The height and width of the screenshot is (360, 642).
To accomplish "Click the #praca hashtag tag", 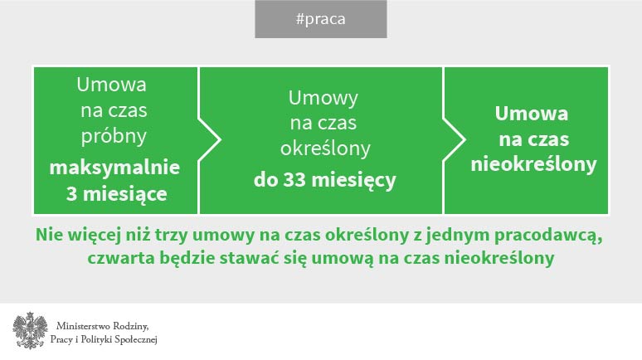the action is (321, 19).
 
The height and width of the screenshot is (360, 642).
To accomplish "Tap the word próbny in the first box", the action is (114, 136).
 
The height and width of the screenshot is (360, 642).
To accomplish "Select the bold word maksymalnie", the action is (114, 168).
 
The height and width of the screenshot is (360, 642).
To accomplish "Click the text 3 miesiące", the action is (117, 194).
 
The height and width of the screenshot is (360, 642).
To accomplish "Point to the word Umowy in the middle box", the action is (323, 98).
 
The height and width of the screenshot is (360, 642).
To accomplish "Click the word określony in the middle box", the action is (325, 148).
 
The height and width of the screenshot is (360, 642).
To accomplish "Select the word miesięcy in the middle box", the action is (353, 181).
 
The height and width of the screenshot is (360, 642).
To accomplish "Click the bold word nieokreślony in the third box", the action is (533, 164).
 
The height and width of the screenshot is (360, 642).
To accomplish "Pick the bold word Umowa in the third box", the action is (532, 114).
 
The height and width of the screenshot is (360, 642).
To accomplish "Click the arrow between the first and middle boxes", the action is (210, 140).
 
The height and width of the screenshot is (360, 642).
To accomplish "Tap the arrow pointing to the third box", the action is (455, 140).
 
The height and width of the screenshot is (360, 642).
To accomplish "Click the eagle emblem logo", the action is (31, 331).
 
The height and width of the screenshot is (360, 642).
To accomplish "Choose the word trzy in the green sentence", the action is (169, 236).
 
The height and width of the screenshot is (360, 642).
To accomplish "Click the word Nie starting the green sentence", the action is (49, 235).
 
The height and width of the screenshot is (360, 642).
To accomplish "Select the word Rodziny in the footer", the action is (130, 327).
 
